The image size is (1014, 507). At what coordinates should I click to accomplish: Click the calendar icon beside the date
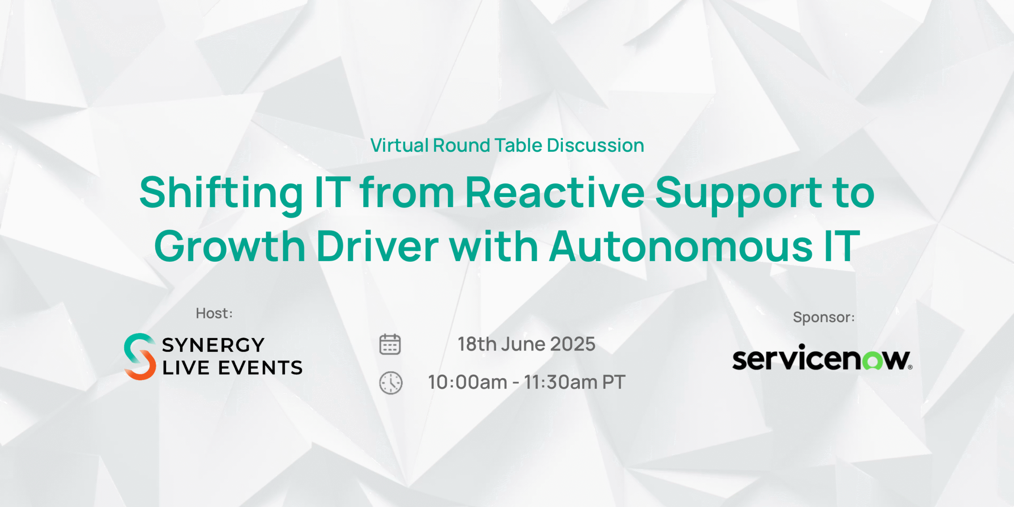point(390,344)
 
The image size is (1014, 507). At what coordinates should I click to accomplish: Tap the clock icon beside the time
point(391,383)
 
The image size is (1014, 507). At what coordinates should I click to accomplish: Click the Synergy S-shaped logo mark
point(140,356)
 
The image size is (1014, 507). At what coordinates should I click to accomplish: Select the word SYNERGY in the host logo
point(213,345)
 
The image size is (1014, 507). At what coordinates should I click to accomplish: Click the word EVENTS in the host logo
point(261,368)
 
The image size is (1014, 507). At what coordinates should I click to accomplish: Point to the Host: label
point(214,313)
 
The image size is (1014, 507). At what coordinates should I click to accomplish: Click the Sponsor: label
point(824,317)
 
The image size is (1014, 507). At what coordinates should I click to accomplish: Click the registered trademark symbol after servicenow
point(910,367)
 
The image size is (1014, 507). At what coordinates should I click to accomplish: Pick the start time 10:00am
point(468,383)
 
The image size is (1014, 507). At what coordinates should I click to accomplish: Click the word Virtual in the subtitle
point(400,145)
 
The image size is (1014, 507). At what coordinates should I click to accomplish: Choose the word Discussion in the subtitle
point(596,145)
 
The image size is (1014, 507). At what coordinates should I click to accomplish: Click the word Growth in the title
point(230,247)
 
